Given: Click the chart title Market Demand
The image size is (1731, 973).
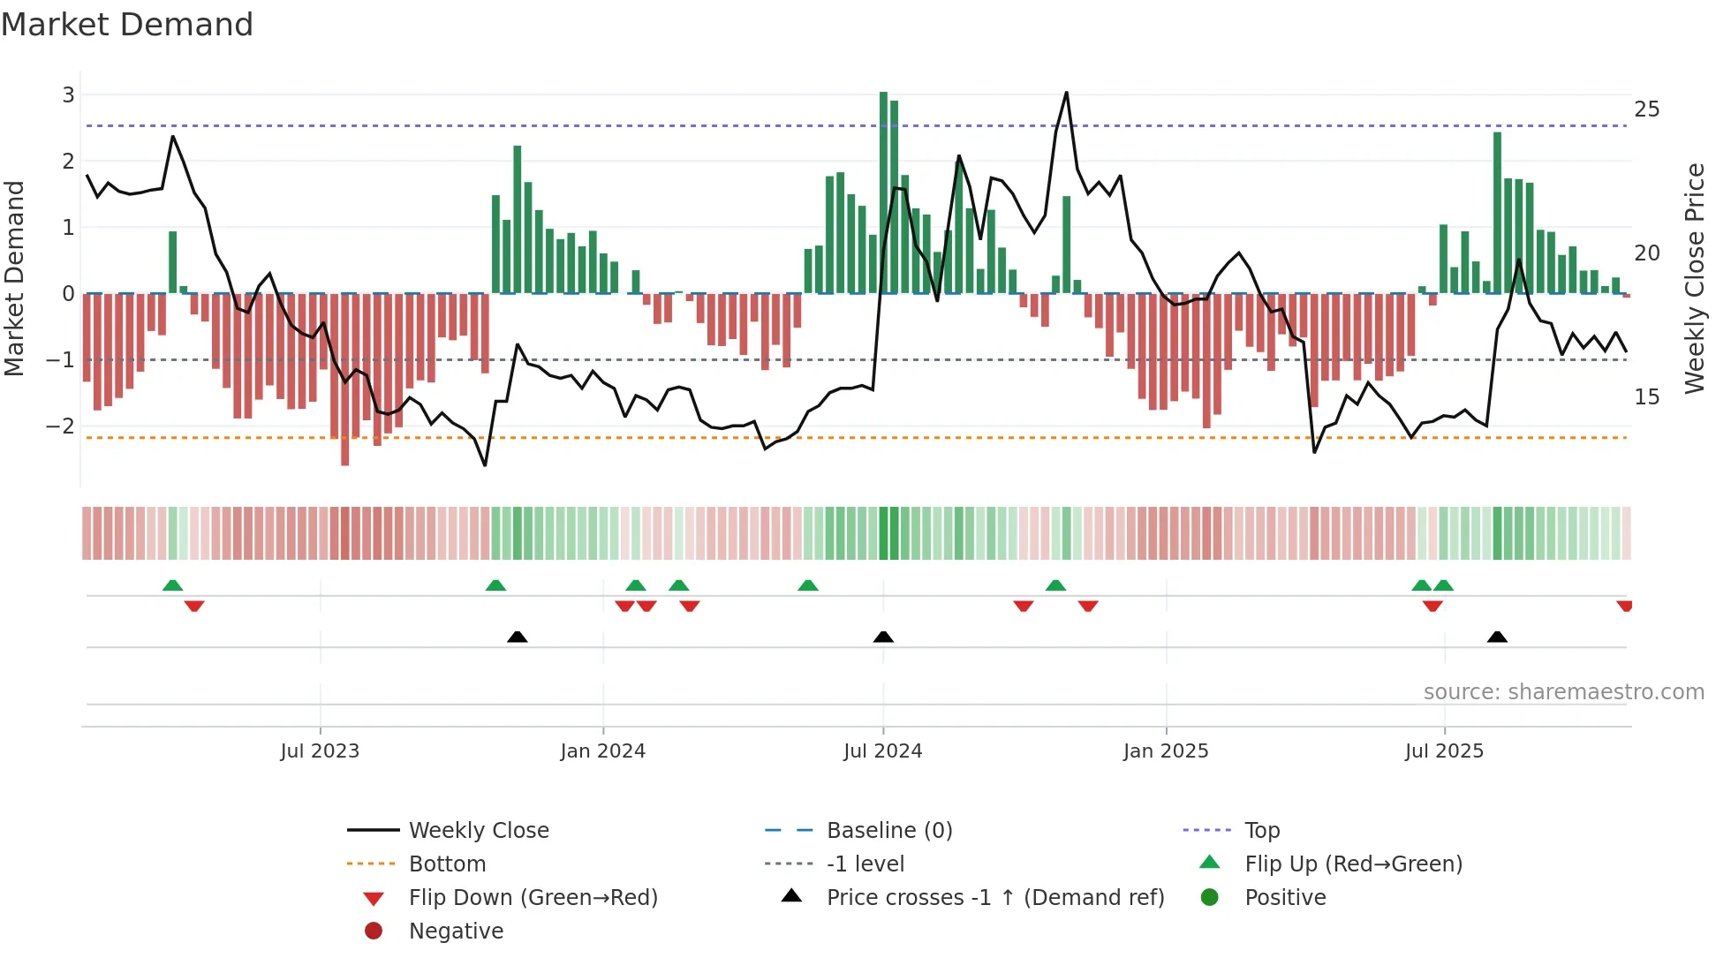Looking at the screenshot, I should tap(127, 25).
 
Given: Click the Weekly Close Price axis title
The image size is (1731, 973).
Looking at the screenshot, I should tap(1694, 278).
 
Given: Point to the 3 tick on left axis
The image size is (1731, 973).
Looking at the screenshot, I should tap(68, 94).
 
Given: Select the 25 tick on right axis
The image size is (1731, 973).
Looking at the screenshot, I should tap(1646, 109).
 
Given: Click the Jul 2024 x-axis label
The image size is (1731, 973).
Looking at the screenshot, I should tap(882, 751).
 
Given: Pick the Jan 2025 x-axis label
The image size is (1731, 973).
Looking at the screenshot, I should tap(1165, 751).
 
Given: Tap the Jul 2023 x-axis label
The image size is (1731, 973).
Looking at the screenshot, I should tap(320, 751).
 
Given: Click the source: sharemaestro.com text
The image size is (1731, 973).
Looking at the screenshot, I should tap(1563, 692).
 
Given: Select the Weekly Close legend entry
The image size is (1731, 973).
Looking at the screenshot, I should tap(478, 831).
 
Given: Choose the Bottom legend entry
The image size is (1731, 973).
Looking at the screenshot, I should tap(447, 864).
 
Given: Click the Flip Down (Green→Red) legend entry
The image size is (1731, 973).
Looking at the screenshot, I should tap(533, 898).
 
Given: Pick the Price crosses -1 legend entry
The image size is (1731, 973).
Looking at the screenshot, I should tap(994, 898).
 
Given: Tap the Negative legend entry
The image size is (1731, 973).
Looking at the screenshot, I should tap(456, 932).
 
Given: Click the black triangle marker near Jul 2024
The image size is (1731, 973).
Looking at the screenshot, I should tap(883, 637).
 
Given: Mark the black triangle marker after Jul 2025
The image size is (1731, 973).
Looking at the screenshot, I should tap(1497, 637).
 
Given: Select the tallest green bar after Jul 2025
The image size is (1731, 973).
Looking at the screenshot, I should tap(1497, 212).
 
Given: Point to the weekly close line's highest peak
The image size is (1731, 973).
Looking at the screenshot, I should tap(1067, 93).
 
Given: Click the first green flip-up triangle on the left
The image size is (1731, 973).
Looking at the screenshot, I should tap(173, 585).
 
